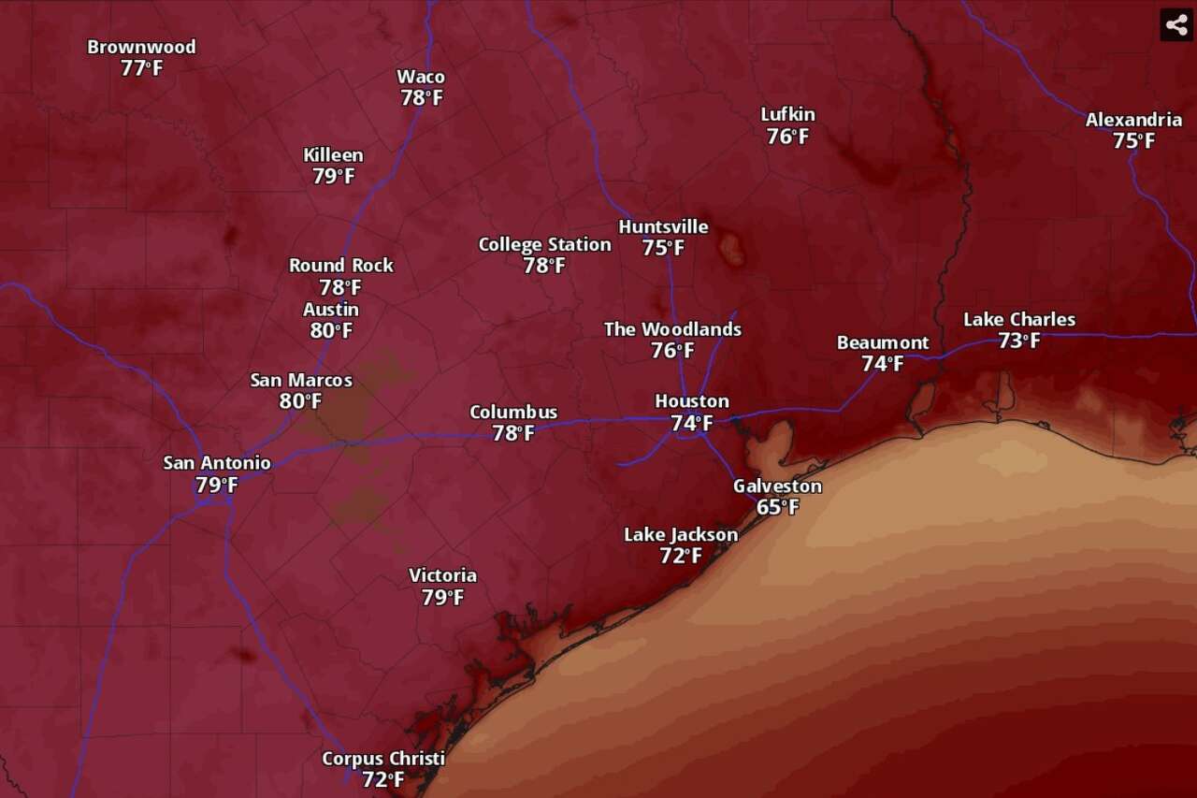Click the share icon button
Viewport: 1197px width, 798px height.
pos(1175,24)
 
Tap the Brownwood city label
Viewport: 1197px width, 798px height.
pos(141,47)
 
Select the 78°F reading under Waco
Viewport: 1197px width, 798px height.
pos(422,98)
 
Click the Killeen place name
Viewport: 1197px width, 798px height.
pos(333,155)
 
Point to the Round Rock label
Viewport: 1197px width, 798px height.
pos(340,266)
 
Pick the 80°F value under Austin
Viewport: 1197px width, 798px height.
pos(331,330)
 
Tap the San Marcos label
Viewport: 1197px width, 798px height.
pos(301,380)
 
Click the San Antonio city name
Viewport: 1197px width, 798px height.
pos(217,462)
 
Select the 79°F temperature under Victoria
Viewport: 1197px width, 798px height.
pos(442,597)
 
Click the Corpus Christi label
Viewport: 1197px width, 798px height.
pos(382,758)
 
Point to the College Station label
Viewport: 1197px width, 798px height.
pos(544,244)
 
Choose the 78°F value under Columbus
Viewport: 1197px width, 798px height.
pos(513,433)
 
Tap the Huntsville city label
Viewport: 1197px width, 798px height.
pos(663,226)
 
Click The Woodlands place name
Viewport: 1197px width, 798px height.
pos(672,329)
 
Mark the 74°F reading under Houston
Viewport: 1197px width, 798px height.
pos(691,423)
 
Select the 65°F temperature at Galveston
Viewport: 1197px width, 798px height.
pos(778,507)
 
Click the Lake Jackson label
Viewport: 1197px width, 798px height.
pos(681,534)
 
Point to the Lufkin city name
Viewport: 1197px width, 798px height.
pos(787,114)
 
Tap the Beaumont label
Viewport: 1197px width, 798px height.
pos(883,342)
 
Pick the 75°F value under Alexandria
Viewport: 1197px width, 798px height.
pos(1133,141)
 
